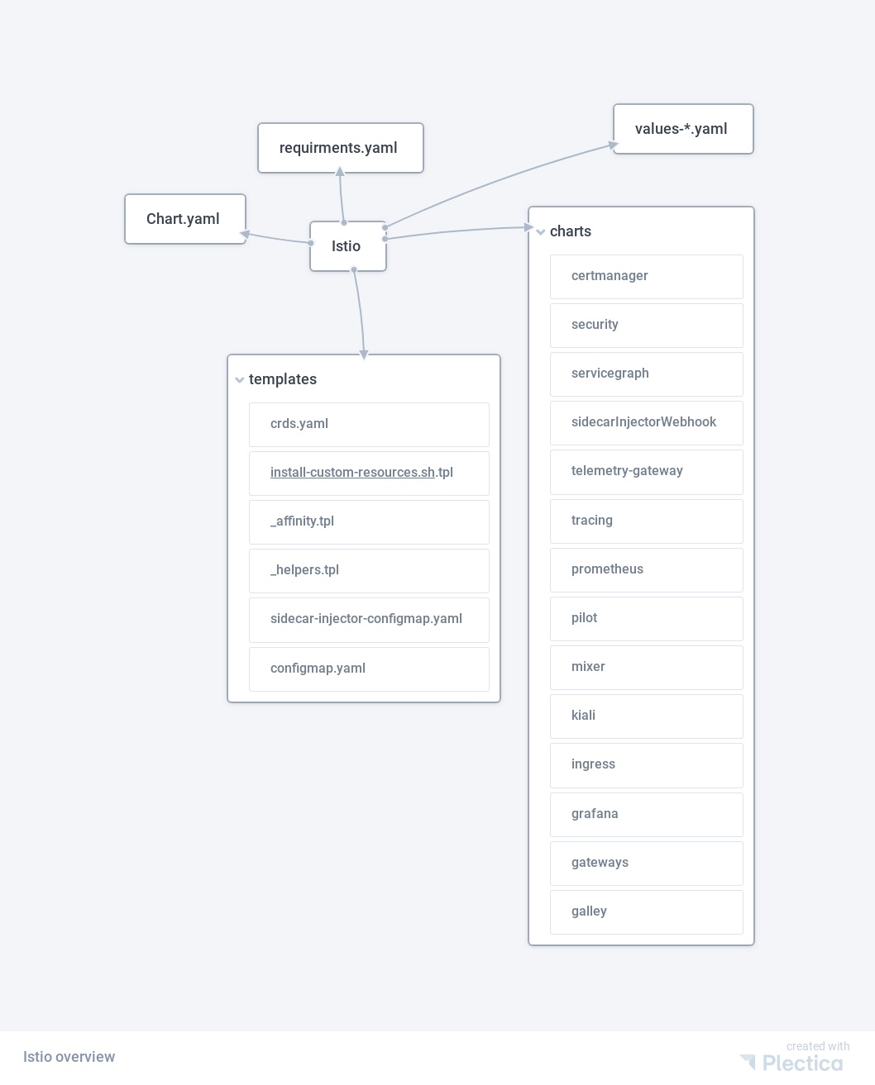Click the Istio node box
coord(347,246)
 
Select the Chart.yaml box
coord(185,219)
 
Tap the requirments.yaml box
coord(341,148)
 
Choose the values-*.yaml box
coord(683,129)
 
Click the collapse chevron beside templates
coord(240,379)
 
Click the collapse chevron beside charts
coord(540,232)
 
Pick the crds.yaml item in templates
coord(369,425)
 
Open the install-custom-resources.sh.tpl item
coord(369,473)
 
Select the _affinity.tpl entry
coord(369,521)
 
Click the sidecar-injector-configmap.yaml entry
coord(369,620)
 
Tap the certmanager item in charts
coord(647,277)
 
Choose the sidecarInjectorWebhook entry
coord(647,423)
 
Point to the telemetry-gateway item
coord(647,472)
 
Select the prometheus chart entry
coord(647,570)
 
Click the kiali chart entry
coord(647,716)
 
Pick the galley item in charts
coord(647,912)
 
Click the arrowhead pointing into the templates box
coord(364,354)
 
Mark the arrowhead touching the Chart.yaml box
coord(245,234)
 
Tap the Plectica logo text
coord(802,1064)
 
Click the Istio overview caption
coord(69,1057)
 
